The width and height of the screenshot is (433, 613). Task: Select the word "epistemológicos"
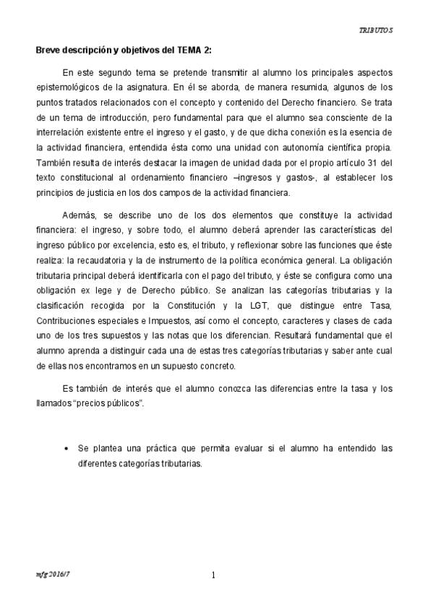click(69, 87)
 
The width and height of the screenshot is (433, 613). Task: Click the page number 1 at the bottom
click(214, 575)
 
